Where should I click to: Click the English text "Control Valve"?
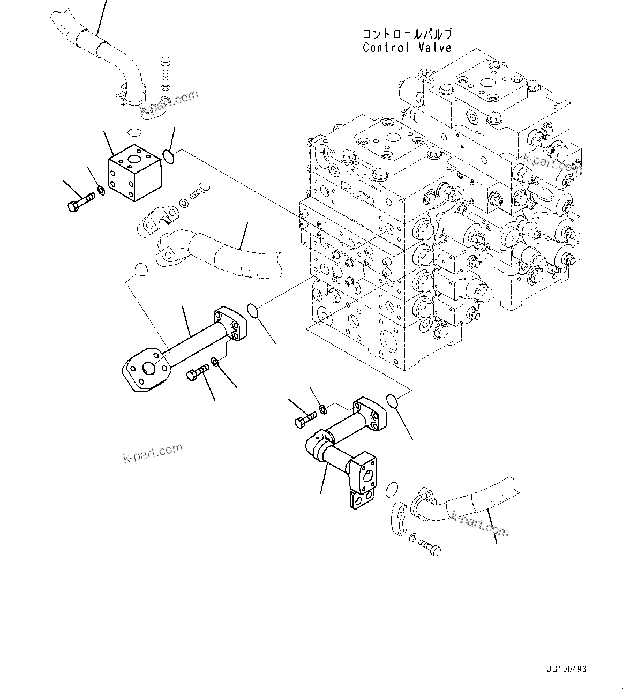[407, 48]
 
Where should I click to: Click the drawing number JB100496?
[567, 670]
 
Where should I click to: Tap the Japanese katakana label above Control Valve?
[407, 34]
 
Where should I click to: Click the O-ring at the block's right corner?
[168, 156]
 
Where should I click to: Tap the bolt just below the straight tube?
[198, 373]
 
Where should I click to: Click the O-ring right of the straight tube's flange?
[252, 310]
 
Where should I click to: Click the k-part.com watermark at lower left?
[153, 454]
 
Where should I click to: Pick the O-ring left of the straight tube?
[140, 269]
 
